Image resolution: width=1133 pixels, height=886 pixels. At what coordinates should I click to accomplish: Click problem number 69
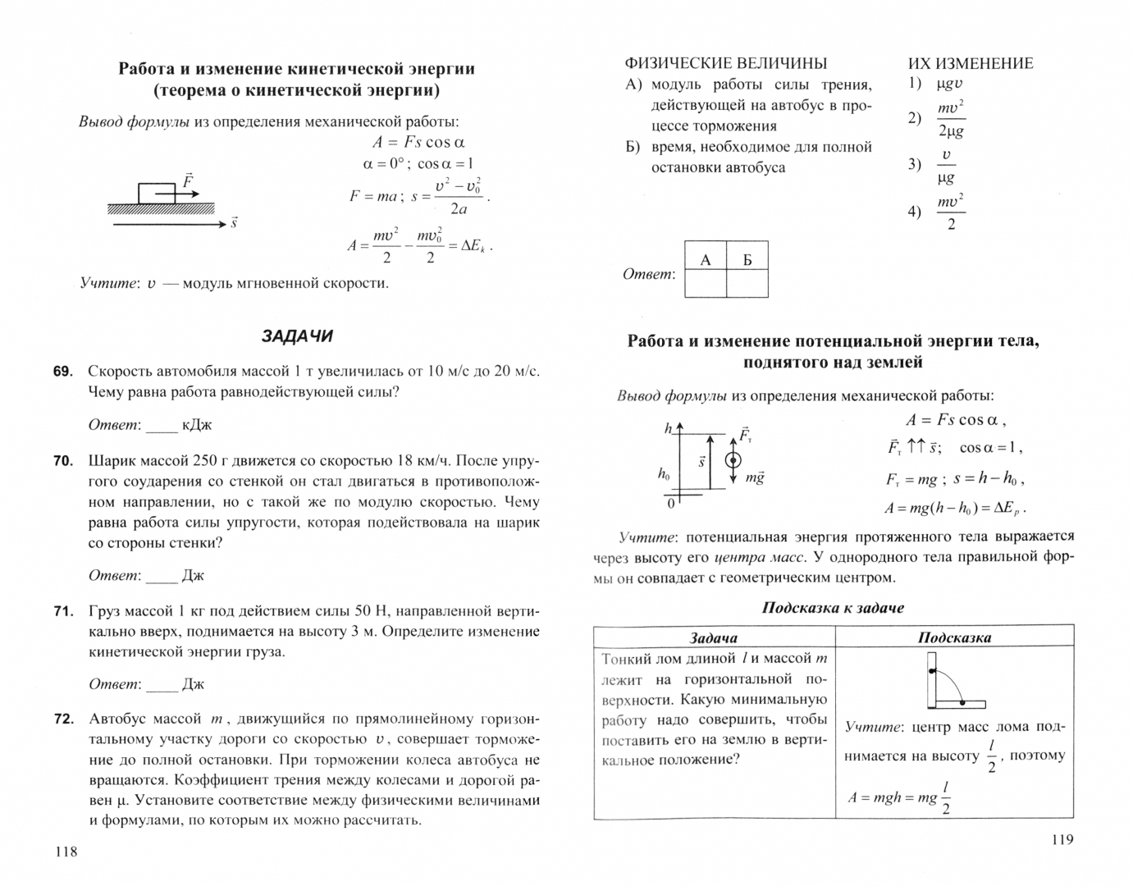click(x=62, y=372)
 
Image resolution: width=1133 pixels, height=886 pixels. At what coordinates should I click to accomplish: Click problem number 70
click(x=62, y=461)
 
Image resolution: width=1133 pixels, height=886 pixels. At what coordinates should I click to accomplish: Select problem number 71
click(x=62, y=611)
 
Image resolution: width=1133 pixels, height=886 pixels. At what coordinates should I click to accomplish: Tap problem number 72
click(x=63, y=719)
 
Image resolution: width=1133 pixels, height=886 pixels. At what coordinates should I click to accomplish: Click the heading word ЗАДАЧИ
click(x=297, y=336)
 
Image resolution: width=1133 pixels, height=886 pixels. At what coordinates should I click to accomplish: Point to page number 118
click(x=66, y=852)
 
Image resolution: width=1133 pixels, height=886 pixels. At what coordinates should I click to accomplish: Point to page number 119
click(x=1061, y=839)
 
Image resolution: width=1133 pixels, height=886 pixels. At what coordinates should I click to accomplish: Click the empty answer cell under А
click(x=706, y=284)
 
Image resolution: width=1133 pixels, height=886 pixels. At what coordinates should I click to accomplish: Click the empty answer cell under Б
click(x=747, y=284)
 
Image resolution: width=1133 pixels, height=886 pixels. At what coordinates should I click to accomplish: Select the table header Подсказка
click(x=954, y=637)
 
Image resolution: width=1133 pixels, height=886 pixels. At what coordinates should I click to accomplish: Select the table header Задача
click(x=713, y=637)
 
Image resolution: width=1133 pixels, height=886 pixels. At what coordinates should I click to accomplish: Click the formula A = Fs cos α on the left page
click(x=418, y=142)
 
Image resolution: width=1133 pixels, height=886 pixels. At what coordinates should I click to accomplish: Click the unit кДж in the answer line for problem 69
click(x=197, y=425)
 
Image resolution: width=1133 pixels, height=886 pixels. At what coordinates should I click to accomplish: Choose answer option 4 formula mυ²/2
click(x=950, y=212)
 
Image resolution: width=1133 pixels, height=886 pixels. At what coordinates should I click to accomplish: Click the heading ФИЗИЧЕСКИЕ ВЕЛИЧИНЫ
click(x=726, y=63)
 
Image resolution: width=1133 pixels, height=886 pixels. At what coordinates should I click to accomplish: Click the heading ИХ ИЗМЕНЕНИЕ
click(x=971, y=63)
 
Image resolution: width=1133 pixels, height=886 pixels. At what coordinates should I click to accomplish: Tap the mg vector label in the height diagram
click(x=754, y=477)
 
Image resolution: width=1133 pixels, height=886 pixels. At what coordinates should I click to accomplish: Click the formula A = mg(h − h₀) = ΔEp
click(x=955, y=508)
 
